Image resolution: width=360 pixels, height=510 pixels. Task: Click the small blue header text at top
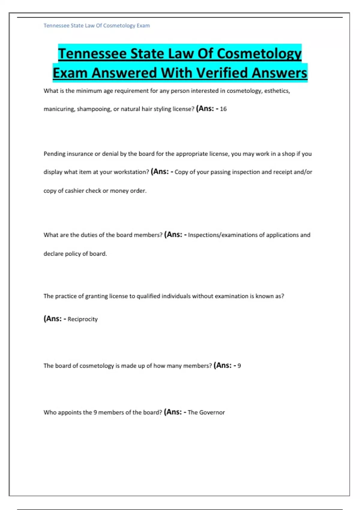click(97, 26)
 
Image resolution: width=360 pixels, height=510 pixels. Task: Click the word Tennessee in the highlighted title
click(93, 54)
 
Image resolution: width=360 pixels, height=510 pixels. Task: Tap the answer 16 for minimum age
click(223, 109)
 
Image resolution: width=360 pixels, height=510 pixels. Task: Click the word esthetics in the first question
click(277, 91)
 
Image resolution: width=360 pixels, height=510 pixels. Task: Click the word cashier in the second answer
click(74, 191)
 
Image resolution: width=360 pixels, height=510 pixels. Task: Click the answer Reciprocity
click(82, 319)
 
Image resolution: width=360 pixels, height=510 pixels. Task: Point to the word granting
click(96, 296)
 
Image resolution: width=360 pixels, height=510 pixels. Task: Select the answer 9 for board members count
click(239, 366)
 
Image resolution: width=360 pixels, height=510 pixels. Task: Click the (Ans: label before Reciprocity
click(53, 319)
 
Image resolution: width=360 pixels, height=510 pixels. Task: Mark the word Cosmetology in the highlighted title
click(259, 54)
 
